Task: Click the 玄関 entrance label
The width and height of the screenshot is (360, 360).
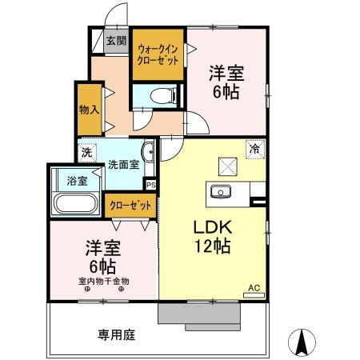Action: pyautogui.click(x=116, y=41)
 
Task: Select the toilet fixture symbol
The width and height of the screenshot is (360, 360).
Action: pyautogui.click(x=161, y=95)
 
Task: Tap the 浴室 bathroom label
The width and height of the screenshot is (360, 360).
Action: pyautogui.click(x=66, y=181)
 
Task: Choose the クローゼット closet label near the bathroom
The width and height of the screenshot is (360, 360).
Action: pyautogui.click(x=130, y=205)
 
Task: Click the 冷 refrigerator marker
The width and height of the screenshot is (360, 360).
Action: pyautogui.click(x=254, y=149)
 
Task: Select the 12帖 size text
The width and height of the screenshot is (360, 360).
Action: pyautogui.click(x=213, y=246)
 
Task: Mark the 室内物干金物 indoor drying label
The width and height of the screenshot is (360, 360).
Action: pyautogui.click(x=103, y=281)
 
